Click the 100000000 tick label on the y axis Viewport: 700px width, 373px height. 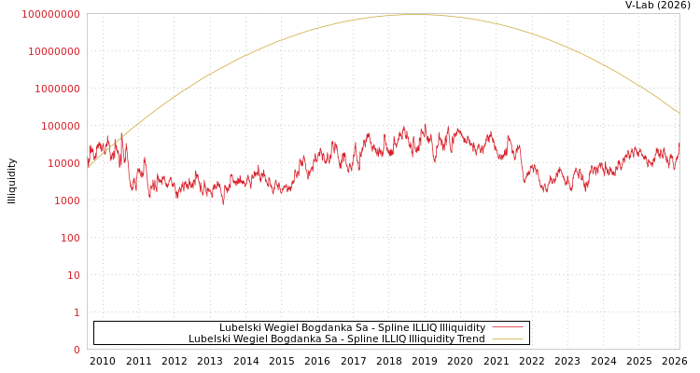tap(51, 14)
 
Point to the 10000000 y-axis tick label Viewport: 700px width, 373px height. tap(54, 51)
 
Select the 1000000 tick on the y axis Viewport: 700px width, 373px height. tap(57, 89)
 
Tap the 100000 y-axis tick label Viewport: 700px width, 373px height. tap(60, 126)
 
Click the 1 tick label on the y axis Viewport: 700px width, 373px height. tap(77, 312)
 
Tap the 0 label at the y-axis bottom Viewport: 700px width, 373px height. tap(77, 350)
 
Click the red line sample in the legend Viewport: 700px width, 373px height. tap(508, 327)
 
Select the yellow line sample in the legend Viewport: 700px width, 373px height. tap(508, 338)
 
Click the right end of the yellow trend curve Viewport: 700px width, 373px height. tap(679, 113)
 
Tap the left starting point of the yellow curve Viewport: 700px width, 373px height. tap(88, 168)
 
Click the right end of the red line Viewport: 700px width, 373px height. tap(679, 145)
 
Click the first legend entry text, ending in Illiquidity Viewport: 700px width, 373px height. tap(352, 327)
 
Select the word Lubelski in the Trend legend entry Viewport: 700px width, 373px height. tap(209, 338)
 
